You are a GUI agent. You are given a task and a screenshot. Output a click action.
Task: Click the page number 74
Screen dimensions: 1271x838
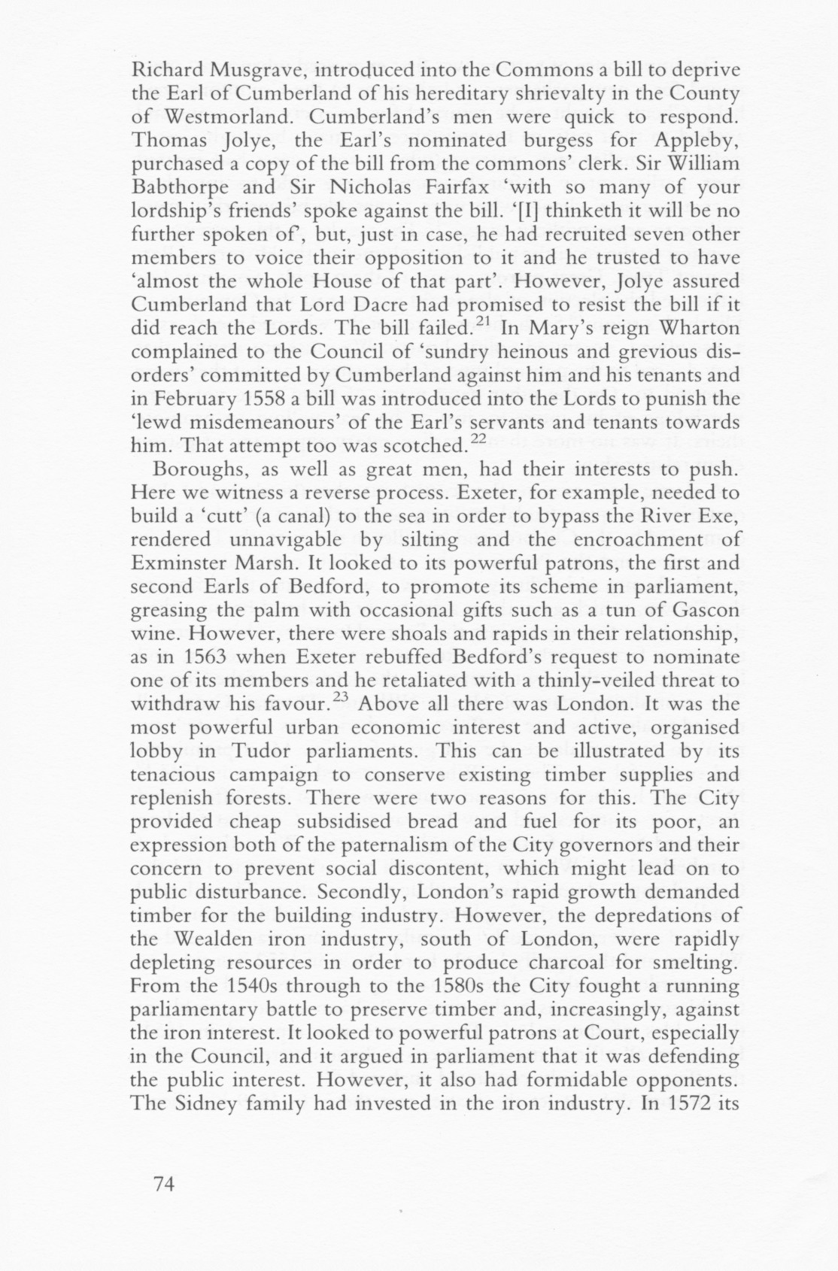(163, 1184)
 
